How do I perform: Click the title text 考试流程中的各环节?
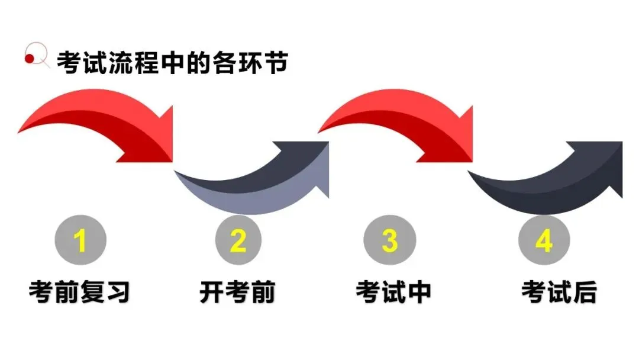[172, 62]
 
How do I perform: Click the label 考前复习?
[79, 292]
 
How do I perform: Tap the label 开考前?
[237, 292]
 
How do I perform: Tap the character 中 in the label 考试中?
[419, 292]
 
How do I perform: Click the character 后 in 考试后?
[585, 292]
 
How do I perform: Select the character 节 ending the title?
[276, 62]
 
